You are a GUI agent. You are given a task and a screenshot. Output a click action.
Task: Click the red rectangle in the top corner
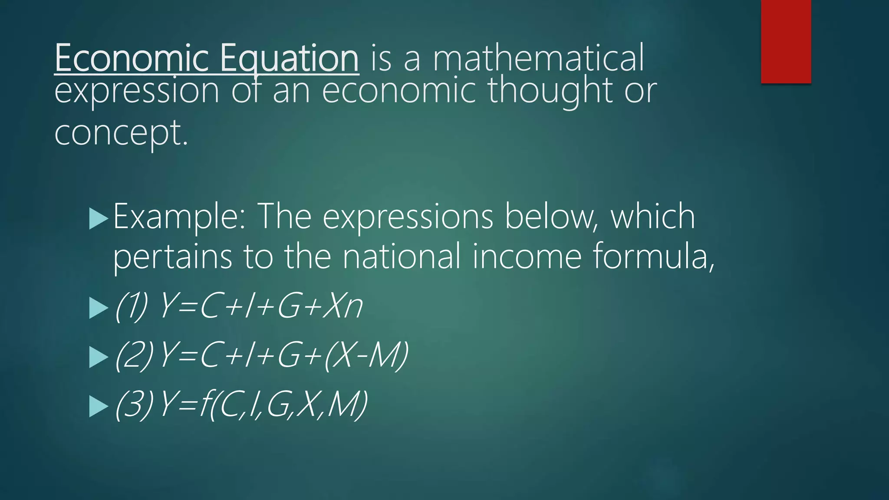tap(786, 41)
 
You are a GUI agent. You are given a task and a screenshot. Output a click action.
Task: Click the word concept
tap(121, 133)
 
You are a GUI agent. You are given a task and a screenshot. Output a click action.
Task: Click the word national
tap(402, 256)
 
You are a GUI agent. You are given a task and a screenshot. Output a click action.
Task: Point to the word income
tap(527, 256)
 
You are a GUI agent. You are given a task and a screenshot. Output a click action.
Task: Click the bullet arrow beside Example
tap(98, 219)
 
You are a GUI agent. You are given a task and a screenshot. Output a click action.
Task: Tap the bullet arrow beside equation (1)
tap(98, 309)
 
